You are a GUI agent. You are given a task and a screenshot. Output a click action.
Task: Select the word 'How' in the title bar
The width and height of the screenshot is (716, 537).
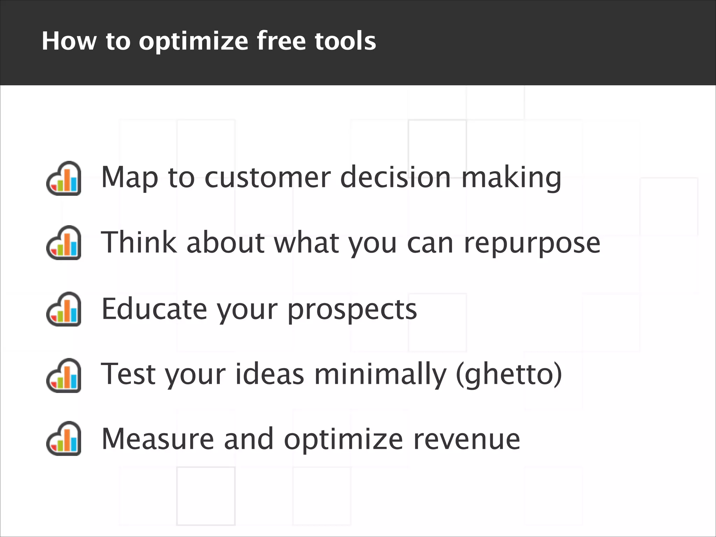(69, 41)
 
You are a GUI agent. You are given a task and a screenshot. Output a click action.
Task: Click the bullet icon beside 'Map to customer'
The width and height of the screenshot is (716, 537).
(64, 178)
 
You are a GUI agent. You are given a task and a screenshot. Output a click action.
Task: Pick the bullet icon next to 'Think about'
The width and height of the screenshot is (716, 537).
(64, 243)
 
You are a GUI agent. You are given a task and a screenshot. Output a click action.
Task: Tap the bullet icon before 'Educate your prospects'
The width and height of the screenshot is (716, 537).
(64, 309)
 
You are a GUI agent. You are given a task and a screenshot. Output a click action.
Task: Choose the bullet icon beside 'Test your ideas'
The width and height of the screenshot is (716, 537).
(64, 375)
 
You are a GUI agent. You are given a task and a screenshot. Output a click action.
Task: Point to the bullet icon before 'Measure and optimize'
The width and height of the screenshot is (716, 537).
(64, 438)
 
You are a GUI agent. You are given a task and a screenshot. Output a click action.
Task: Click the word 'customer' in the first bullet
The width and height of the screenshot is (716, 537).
(267, 177)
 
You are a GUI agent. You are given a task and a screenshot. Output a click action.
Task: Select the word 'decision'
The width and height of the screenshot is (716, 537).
(395, 177)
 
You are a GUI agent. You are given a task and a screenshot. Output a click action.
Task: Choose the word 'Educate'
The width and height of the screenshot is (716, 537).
(154, 309)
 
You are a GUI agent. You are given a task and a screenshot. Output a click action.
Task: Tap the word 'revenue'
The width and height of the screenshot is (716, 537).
(466, 439)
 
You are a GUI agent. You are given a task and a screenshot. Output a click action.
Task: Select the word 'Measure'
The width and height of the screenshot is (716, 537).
(158, 439)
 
